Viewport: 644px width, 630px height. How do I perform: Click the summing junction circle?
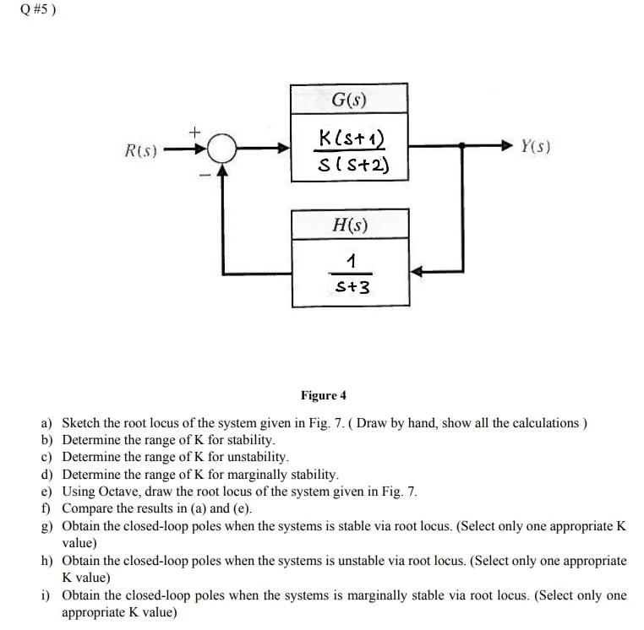click(221, 149)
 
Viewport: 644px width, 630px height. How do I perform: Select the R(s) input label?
click(140, 150)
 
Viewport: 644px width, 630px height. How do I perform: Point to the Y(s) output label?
click(536, 146)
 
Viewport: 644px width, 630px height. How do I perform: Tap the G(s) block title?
click(349, 99)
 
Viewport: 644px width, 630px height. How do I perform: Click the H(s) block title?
click(351, 225)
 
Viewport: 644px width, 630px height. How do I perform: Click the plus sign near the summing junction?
click(194, 131)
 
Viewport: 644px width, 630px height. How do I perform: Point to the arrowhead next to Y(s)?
click(509, 146)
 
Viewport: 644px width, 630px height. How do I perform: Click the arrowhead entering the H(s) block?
click(417, 272)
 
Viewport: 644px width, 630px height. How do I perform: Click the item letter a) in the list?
click(46, 423)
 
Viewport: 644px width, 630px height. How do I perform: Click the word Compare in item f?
click(88, 508)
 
